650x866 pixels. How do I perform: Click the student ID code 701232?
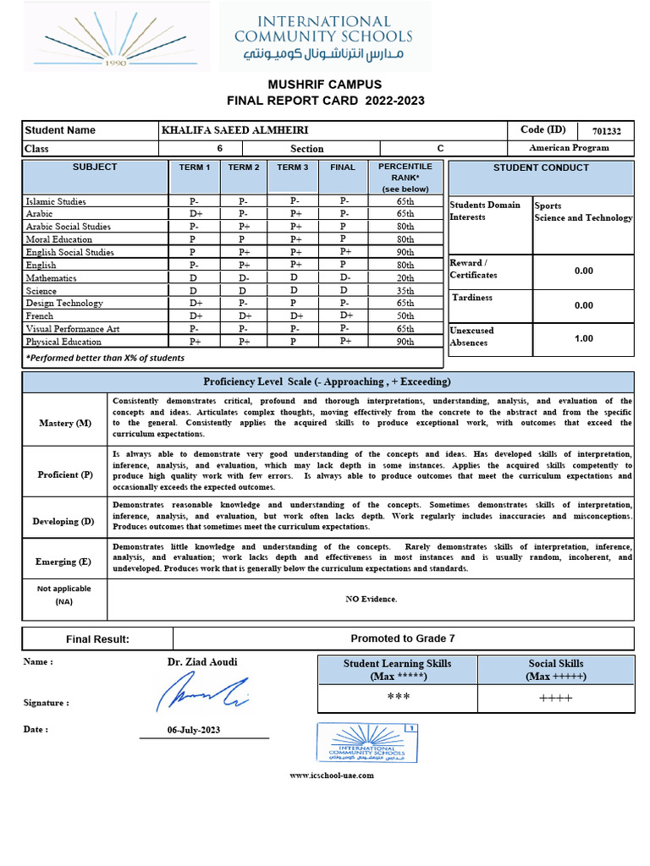point(607,131)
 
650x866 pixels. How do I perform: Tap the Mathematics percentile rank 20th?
point(405,278)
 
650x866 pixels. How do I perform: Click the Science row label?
point(41,291)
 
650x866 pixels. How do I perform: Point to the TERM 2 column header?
point(243,167)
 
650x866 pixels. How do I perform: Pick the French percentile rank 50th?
point(405,316)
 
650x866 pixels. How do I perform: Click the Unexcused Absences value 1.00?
point(583,338)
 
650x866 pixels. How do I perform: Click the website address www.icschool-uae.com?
point(332,775)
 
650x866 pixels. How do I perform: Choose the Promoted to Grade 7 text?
point(403,639)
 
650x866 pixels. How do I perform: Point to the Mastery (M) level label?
point(64,423)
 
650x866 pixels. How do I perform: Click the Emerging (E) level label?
point(64,562)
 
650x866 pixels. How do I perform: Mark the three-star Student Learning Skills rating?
point(397,697)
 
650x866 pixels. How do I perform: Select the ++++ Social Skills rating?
point(555,698)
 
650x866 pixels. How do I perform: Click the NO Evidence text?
point(371,599)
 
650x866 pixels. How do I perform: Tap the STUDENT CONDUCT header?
point(541,168)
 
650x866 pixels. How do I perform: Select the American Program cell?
point(569,147)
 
